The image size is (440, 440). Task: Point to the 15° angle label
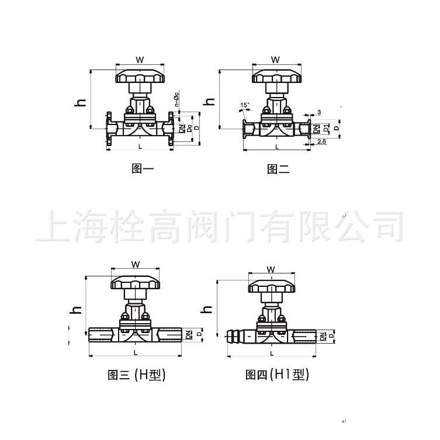coord(244,105)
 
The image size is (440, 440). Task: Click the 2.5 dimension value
coord(321,141)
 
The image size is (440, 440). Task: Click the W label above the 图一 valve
coord(140,60)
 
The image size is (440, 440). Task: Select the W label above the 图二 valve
coord(276,60)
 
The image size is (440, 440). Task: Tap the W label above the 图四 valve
coord(271,269)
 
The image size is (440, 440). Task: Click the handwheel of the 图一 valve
coord(140,77)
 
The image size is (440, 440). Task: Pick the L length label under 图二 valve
coord(276,147)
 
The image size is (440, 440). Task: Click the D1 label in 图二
coord(327,128)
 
